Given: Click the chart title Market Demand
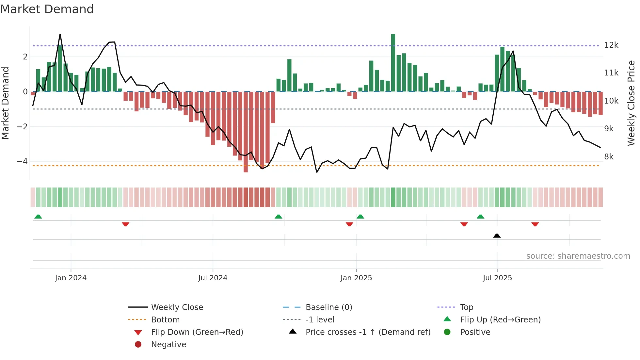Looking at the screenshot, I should point(47,9).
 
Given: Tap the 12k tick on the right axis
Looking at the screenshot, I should point(611,45).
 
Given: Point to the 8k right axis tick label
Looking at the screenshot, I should point(609,157).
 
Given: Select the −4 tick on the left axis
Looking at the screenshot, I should point(22,161).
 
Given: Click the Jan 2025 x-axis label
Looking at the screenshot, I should point(356,278).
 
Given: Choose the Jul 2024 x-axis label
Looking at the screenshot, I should point(213,278).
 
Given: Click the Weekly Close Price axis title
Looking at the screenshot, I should point(631,103).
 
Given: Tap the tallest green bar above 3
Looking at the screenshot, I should point(393,62).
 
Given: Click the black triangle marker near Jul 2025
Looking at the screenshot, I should point(497,236).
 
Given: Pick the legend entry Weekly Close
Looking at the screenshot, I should point(177,307).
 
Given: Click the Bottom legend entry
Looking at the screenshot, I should point(165,320).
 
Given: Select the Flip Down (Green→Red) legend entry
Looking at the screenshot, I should point(197,332).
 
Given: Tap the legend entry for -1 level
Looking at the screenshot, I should point(320,320).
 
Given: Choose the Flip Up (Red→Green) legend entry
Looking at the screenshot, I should point(500,320).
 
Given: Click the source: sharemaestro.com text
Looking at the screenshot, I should point(578,256).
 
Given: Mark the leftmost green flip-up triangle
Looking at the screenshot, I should point(38,217).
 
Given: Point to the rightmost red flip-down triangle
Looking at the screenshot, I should point(535,224).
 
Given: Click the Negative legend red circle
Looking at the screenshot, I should point(138,345).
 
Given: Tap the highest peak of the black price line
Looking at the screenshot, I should point(60,34).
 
